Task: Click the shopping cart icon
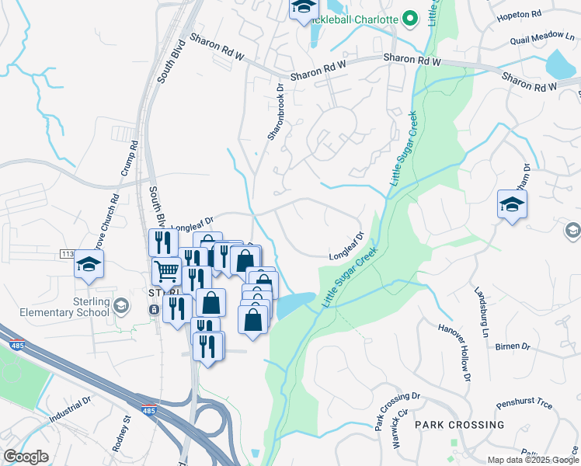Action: [x=168, y=273]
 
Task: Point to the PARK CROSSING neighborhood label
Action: [x=459, y=425]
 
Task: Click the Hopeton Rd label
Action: [x=520, y=15]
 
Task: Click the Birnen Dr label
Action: [x=512, y=346]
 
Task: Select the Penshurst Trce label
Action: [x=524, y=405]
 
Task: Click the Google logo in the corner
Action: [x=26, y=457]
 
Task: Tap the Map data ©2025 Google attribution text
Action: [x=533, y=460]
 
